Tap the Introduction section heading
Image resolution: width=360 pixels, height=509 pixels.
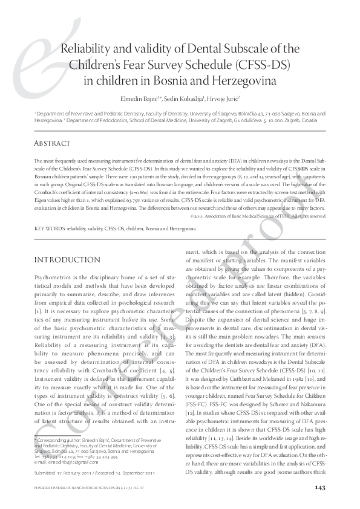point(68,259)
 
